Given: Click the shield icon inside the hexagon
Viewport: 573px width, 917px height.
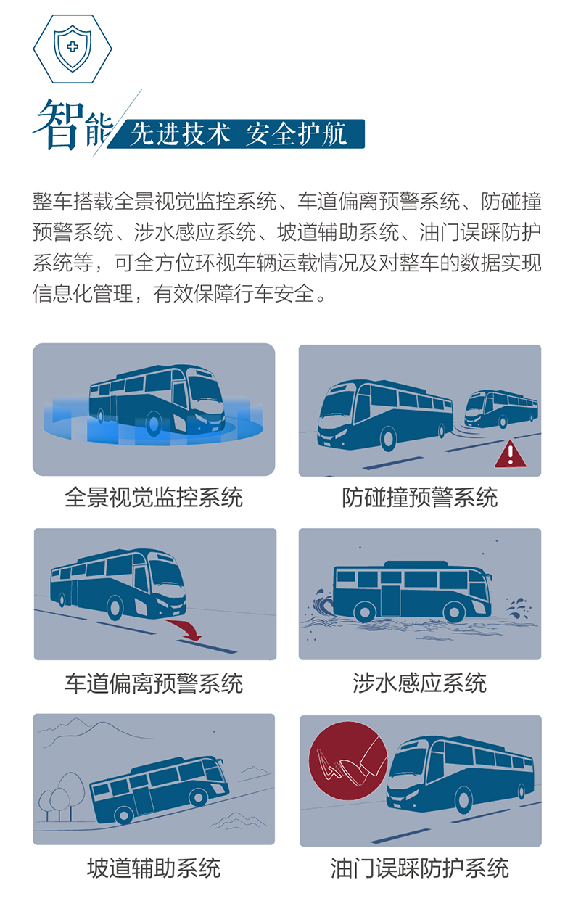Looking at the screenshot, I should [x=72, y=48].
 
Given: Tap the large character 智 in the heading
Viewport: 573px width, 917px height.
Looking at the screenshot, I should [x=59, y=125].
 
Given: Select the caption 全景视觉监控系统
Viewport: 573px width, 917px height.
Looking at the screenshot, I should [x=154, y=498].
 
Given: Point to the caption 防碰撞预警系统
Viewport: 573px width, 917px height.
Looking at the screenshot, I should [x=420, y=498].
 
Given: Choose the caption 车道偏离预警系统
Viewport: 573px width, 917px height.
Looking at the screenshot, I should [x=154, y=683].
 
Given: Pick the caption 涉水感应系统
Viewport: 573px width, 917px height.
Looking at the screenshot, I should [x=420, y=683].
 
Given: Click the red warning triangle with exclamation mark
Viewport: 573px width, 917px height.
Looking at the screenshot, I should [x=511, y=454].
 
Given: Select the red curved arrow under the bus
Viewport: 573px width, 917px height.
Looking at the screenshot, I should [x=184, y=628].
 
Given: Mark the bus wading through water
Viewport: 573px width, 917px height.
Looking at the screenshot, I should [x=411, y=589].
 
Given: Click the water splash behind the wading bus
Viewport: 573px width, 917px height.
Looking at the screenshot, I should [x=320, y=603].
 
